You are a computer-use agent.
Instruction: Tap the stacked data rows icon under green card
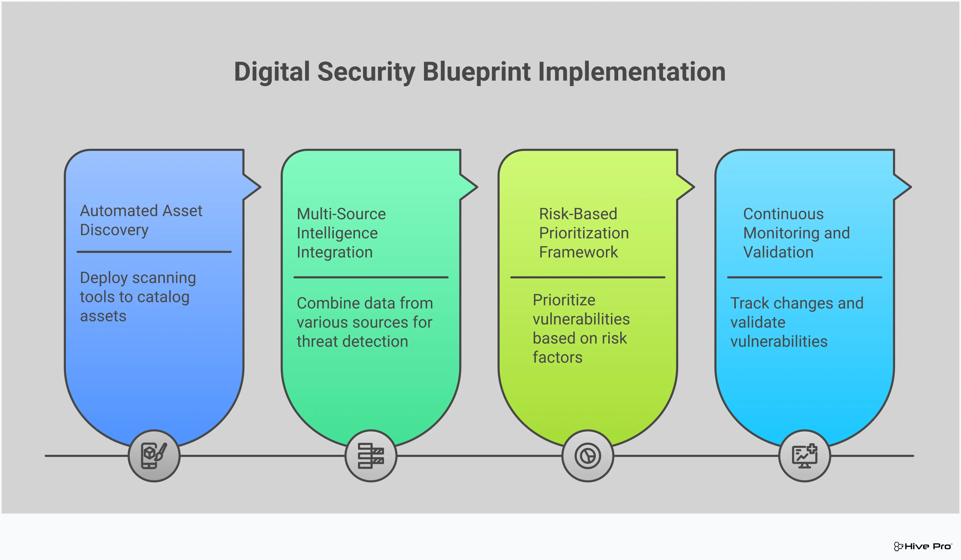point(371,456)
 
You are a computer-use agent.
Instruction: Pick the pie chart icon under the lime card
point(588,456)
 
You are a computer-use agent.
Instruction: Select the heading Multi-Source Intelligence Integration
point(341,233)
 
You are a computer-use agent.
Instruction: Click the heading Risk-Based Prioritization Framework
point(583,233)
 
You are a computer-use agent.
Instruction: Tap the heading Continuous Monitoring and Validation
point(796,233)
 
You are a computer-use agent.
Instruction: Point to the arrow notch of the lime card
point(686,187)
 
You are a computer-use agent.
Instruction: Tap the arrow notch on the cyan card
point(903,187)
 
